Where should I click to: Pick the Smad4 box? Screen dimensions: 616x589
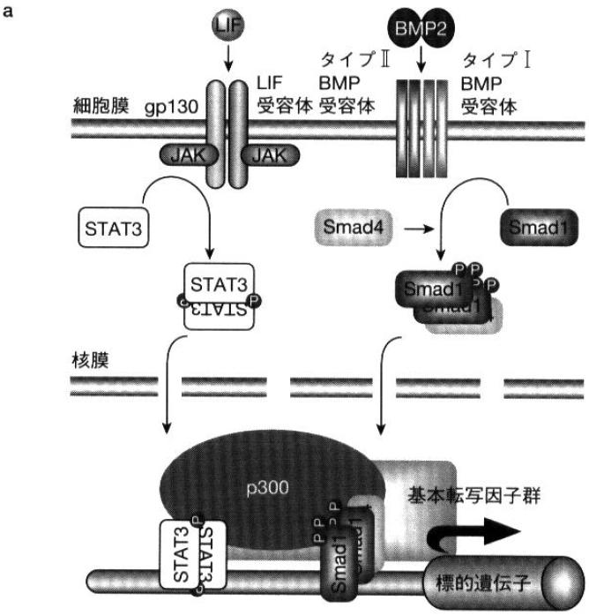click(346, 227)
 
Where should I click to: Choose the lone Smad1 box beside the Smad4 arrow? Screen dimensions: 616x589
click(533, 227)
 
